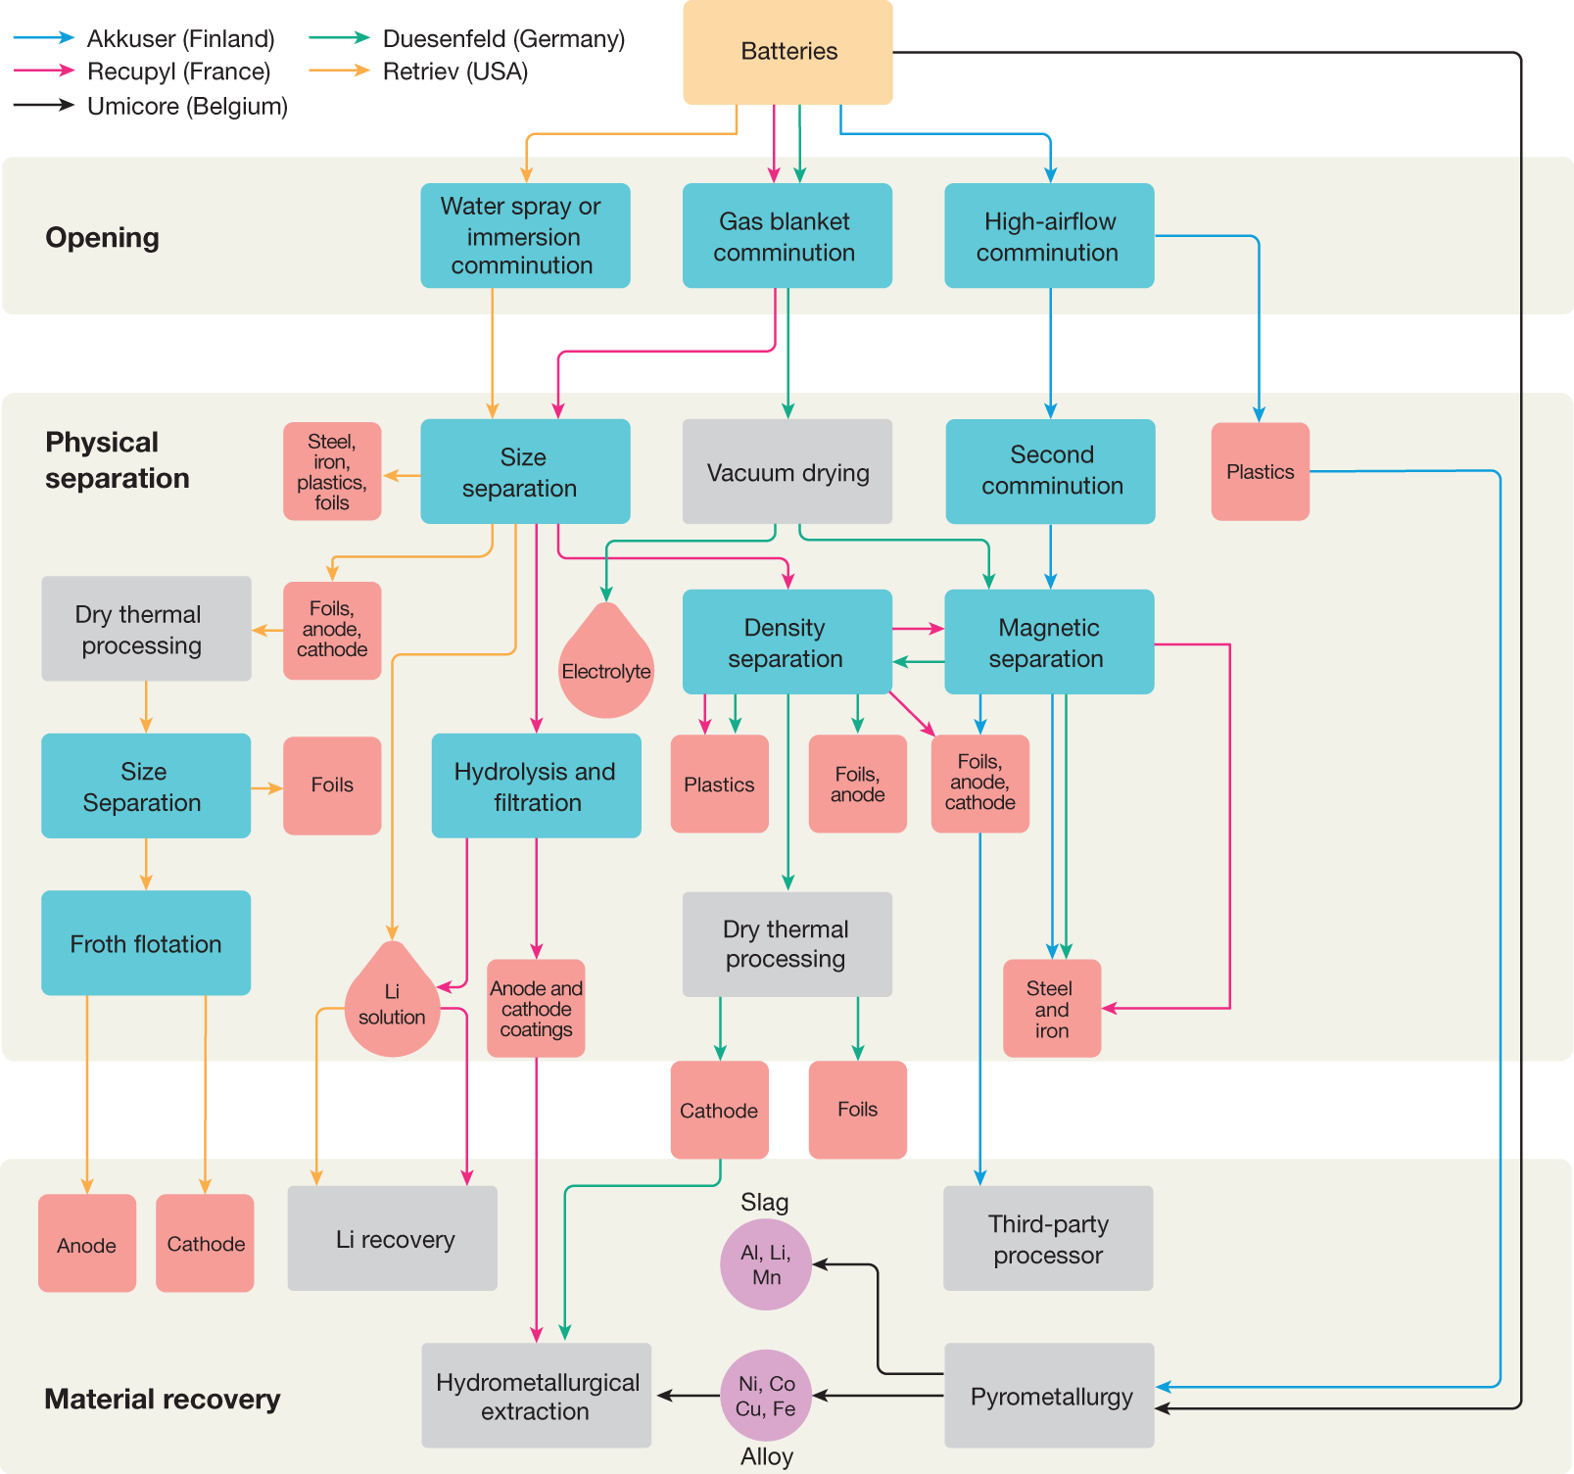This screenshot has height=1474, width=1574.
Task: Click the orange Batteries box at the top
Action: pyautogui.click(x=787, y=52)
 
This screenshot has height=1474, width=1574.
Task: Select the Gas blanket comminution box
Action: pyautogui.click(x=787, y=236)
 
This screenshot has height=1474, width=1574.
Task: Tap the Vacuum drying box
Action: pyautogui.click(x=787, y=472)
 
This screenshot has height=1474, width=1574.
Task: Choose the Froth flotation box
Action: pyautogui.click(x=146, y=943)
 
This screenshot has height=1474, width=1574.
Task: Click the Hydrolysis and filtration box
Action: pyautogui.click(x=536, y=786)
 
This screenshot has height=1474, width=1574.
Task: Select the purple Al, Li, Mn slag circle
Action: pyautogui.click(x=765, y=1264)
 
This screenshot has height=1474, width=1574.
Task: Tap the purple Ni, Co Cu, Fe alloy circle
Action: pyautogui.click(x=765, y=1396)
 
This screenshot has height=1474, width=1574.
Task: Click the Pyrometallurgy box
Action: pyautogui.click(x=1049, y=1396)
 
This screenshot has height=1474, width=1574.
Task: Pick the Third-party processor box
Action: pyautogui.click(x=1047, y=1239)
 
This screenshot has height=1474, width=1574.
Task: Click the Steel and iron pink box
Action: pyautogui.click(x=1051, y=1009)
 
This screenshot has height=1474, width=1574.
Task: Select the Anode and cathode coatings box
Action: pyautogui.click(x=536, y=1009)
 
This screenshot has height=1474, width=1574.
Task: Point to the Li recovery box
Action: pyautogui.click(x=393, y=1239)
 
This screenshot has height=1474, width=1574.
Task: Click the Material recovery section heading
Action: pyautogui.click(x=162, y=1399)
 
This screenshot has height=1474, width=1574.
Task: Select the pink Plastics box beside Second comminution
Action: pyautogui.click(x=1260, y=472)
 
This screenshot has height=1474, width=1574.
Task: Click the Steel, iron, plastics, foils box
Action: pyautogui.click(x=332, y=472)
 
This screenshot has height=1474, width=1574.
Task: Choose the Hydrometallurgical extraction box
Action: pyautogui.click(x=536, y=1396)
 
